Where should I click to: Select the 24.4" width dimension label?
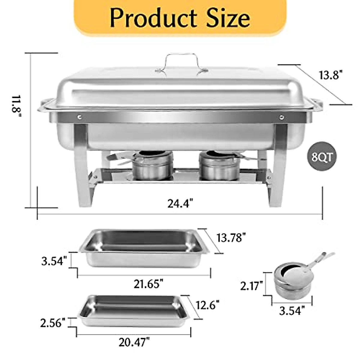pyautogui.click(x=180, y=204)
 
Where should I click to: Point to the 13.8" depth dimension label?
pyautogui.click(x=330, y=75)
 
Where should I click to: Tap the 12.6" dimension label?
pyautogui.click(x=208, y=305)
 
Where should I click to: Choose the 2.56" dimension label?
pyautogui.click(x=53, y=323)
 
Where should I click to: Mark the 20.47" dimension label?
pyautogui.click(x=134, y=342)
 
